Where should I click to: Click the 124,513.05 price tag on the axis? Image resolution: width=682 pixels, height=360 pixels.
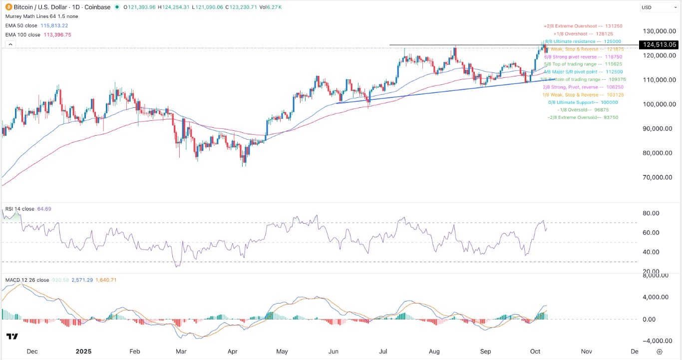pos(660,44)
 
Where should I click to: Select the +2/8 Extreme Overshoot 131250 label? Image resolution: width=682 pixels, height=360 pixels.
pos(583,26)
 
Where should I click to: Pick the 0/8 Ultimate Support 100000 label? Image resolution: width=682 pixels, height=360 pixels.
pos(583,102)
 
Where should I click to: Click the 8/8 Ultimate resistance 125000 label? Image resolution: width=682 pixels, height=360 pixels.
pos(584,41)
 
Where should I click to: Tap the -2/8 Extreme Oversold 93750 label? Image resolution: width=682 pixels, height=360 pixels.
pos(583,117)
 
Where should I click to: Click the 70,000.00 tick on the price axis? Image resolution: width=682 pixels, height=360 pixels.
pos(659,177)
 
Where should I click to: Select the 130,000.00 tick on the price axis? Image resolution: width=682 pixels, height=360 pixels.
pos(659,30)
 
